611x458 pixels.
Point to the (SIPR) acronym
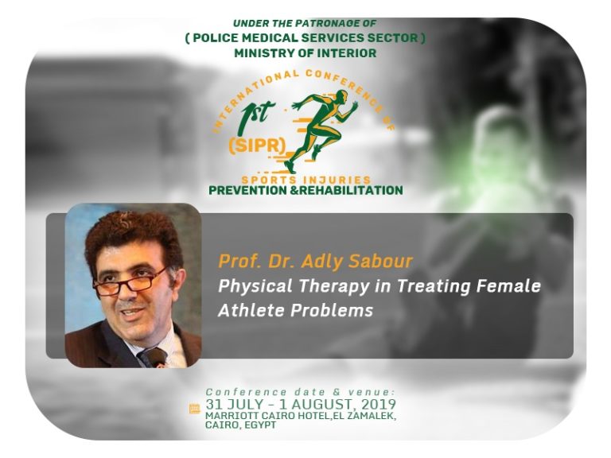(257, 146)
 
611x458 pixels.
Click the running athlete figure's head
(341, 95)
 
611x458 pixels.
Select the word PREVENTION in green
(247, 191)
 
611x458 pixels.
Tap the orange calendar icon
(194, 409)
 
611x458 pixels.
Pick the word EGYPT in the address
(260, 425)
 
